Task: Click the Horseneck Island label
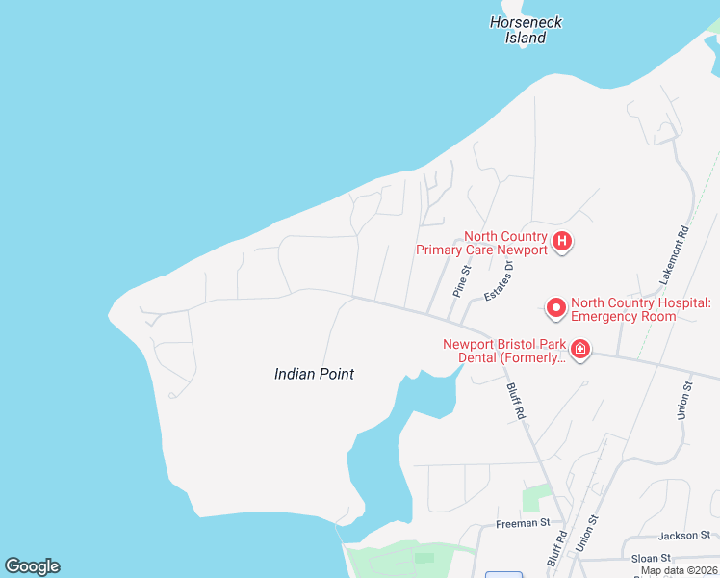[x=526, y=30]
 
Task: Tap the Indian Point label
[x=314, y=374]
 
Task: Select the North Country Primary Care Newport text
[x=481, y=243]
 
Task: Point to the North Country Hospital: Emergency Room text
[x=640, y=309]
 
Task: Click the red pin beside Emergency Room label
[x=555, y=307]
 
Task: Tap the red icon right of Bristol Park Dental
[x=579, y=349]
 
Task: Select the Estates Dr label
[x=498, y=280]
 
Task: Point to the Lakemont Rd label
[x=675, y=254]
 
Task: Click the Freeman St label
[x=522, y=523]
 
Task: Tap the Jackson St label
[x=683, y=535]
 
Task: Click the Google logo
[x=32, y=566]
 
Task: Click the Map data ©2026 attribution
[x=678, y=570]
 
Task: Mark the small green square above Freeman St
[x=531, y=499]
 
